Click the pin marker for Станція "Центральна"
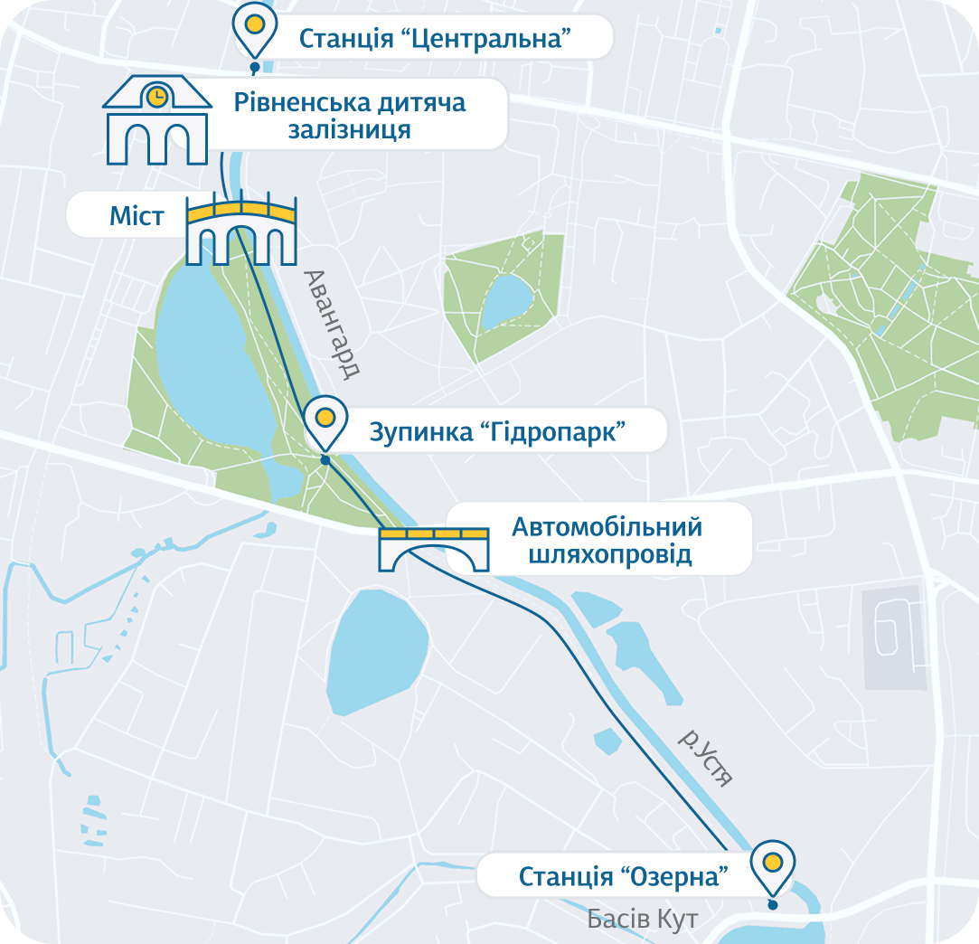(x=255, y=28)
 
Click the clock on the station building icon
(x=157, y=94)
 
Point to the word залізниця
(x=350, y=130)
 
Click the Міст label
(x=136, y=217)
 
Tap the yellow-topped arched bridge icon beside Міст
(x=241, y=231)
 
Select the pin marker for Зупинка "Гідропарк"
(x=325, y=420)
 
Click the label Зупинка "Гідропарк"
(x=498, y=431)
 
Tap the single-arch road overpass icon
(x=433, y=549)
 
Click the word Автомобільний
(x=607, y=526)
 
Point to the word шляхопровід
(x=607, y=553)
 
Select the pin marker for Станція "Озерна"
(x=772, y=864)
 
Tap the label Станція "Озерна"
(x=624, y=876)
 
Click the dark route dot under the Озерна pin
(x=772, y=904)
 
